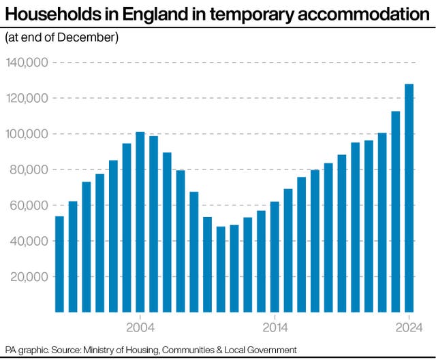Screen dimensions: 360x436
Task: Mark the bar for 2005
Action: coord(153,224)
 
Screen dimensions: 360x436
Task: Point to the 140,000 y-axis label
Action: coord(27,63)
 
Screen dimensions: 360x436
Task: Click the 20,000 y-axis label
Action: coord(27,276)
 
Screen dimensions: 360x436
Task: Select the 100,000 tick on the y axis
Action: coord(27,134)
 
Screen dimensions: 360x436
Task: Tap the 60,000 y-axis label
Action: coord(27,205)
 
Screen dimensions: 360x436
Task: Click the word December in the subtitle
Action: coord(88,38)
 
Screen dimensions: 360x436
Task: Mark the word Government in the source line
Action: coord(272,350)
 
